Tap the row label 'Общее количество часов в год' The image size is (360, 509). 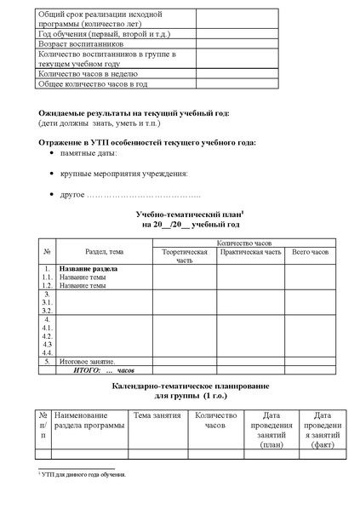point(94,84)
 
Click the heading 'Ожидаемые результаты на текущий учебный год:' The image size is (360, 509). point(134,113)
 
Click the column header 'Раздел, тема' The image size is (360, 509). point(105,252)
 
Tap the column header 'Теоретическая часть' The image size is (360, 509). point(179,256)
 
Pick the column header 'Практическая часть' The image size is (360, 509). point(249,252)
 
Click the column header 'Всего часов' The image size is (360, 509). point(310,252)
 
